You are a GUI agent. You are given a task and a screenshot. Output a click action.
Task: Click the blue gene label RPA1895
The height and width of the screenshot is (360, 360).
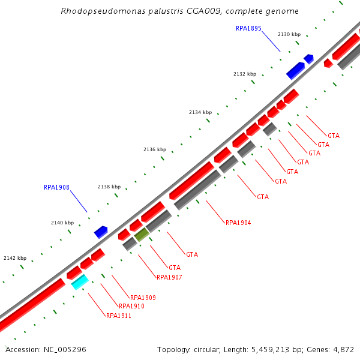click(x=248, y=28)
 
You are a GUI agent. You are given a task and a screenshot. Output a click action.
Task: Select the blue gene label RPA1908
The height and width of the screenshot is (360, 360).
click(x=56, y=187)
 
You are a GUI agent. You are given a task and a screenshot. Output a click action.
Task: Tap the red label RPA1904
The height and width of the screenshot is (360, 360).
click(x=238, y=223)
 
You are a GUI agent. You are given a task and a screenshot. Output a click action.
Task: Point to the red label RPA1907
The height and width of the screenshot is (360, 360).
click(x=169, y=277)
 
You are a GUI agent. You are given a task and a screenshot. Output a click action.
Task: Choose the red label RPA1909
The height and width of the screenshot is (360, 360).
click(x=143, y=298)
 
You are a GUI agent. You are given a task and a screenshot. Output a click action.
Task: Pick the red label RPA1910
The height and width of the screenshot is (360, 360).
click(x=131, y=306)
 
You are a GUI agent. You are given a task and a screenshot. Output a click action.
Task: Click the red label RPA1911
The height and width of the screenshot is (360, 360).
click(x=118, y=316)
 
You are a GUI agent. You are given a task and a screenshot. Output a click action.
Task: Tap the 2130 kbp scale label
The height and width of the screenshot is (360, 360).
click(x=289, y=34)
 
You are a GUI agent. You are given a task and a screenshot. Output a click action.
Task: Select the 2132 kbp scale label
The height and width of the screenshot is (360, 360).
click(x=245, y=74)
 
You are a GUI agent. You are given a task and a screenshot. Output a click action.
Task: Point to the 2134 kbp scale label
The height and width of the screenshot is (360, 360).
click(x=200, y=112)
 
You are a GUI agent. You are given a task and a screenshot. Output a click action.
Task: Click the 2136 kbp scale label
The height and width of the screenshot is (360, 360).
click(x=155, y=149)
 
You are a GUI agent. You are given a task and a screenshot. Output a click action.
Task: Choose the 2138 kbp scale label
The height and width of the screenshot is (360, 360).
click(x=109, y=187)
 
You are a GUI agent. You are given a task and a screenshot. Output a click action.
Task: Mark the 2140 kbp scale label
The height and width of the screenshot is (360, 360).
click(x=62, y=223)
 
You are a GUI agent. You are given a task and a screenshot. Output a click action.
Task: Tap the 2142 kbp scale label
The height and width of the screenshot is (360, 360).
click(x=15, y=258)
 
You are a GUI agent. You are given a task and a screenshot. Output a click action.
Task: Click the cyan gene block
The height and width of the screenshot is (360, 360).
click(x=80, y=282)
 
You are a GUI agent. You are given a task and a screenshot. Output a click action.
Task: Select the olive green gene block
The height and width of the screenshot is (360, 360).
click(x=142, y=235)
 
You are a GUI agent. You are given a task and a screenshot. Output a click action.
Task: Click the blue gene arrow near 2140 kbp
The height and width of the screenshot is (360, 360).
click(x=101, y=232)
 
